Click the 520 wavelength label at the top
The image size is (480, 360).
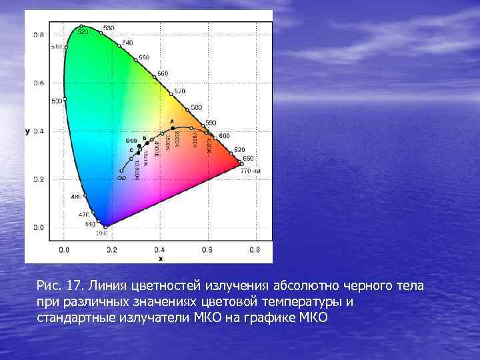[83, 31]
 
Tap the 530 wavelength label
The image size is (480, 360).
[108, 28]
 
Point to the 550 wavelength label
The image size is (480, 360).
[144, 57]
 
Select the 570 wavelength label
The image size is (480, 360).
[179, 91]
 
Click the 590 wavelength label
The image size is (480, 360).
[211, 123]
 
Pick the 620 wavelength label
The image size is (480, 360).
[239, 149]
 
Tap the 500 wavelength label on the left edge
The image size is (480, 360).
[57, 101]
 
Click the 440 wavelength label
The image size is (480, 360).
[90, 224]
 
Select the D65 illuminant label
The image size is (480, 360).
[131, 141]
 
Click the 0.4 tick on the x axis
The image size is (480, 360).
[159, 250]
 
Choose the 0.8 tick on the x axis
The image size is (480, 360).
[255, 250]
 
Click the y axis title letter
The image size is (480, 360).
[27, 131]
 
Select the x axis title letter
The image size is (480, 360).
[160, 258]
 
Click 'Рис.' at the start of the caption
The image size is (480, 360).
[49, 286]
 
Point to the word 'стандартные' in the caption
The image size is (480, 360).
[76, 317]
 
